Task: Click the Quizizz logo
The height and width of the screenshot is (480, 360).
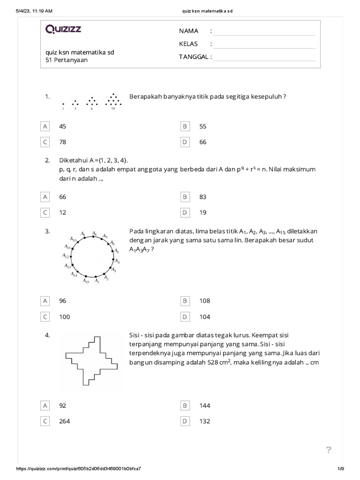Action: click(x=63, y=30)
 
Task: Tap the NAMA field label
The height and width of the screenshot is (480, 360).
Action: click(x=188, y=31)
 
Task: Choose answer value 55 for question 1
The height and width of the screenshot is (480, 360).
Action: click(x=202, y=127)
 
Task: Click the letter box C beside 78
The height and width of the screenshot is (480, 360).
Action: click(x=45, y=142)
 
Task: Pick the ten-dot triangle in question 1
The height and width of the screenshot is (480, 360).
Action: click(x=112, y=100)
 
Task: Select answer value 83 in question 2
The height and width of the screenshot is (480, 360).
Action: click(x=202, y=197)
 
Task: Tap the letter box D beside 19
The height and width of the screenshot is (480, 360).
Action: click(x=185, y=212)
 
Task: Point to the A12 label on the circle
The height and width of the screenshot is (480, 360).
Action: click(x=66, y=256)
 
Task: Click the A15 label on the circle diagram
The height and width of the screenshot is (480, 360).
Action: click(x=86, y=281)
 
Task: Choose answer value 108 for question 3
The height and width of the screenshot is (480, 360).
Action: click(x=204, y=301)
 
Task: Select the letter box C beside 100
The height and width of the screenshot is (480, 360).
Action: click(x=45, y=317)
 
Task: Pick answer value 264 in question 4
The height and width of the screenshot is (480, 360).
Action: click(x=64, y=421)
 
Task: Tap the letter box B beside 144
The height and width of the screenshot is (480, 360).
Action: click(x=185, y=405)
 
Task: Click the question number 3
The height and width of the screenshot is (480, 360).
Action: click(x=47, y=231)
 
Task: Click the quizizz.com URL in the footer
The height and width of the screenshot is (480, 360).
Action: click(x=79, y=469)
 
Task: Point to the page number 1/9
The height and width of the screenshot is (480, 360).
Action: click(x=340, y=469)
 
